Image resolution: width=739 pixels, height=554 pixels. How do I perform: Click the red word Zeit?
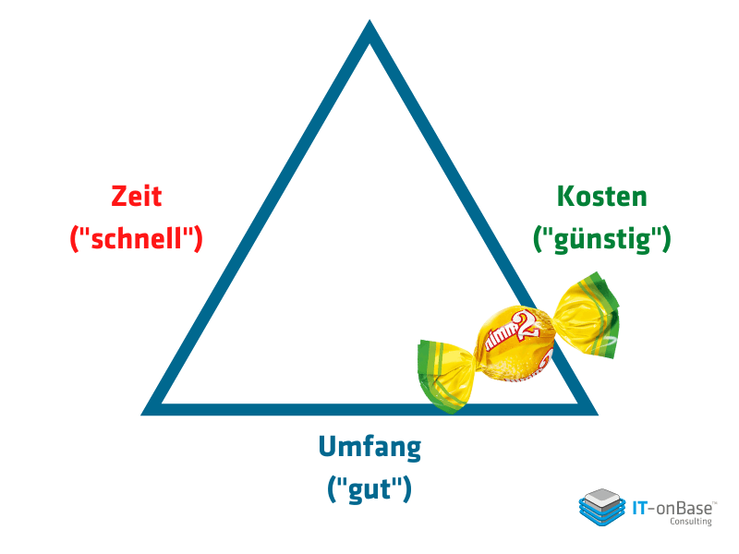click(x=137, y=197)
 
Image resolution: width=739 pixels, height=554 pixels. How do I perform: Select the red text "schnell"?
click(x=136, y=238)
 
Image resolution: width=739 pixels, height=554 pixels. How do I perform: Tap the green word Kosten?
click(x=602, y=197)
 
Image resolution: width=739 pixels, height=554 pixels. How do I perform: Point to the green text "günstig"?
click(x=602, y=240)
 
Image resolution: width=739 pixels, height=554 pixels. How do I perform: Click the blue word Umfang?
click(x=370, y=448)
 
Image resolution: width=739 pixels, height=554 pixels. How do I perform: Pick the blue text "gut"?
click(x=370, y=490)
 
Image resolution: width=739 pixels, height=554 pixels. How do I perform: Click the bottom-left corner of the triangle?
click(x=141, y=415)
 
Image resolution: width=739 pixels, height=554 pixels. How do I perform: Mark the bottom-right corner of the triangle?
click(x=598, y=415)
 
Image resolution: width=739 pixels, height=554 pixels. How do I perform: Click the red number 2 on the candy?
click(x=523, y=325)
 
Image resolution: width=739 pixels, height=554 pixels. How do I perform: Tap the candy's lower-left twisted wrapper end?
click(x=445, y=376)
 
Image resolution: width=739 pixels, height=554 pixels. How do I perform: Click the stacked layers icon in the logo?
click(x=602, y=507)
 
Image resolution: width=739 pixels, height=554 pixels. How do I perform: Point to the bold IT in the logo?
click(x=639, y=509)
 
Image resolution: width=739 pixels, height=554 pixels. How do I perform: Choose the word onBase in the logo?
click(x=684, y=509)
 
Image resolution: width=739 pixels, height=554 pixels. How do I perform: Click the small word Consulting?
click(x=691, y=522)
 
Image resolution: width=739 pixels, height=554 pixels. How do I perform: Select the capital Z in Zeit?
click(x=120, y=197)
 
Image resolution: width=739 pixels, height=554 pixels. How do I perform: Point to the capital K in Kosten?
click(x=565, y=197)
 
